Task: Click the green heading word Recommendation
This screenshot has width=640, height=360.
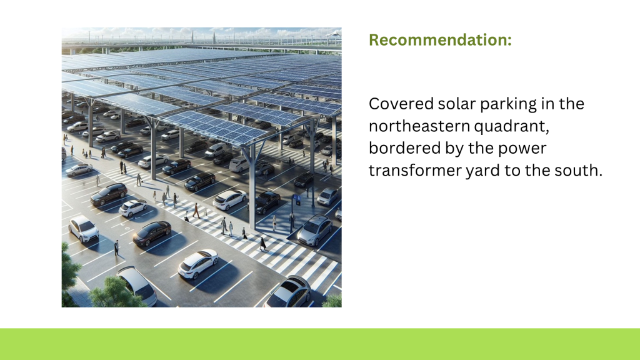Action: click(x=440, y=40)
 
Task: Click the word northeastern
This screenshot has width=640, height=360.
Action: click(x=419, y=126)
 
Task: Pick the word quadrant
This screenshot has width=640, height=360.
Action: click(x=511, y=127)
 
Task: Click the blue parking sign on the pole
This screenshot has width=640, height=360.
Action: click(x=297, y=199)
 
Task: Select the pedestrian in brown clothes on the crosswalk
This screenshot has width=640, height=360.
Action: click(x=196, y=210)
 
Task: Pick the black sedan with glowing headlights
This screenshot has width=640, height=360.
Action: click(x=152, y=233)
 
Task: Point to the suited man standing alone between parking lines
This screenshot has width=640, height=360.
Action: click(x=116, y=248)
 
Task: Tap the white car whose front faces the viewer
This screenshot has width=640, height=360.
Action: click(x=84, y=229)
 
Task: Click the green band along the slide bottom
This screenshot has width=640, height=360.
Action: click(x=320, y=344)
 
